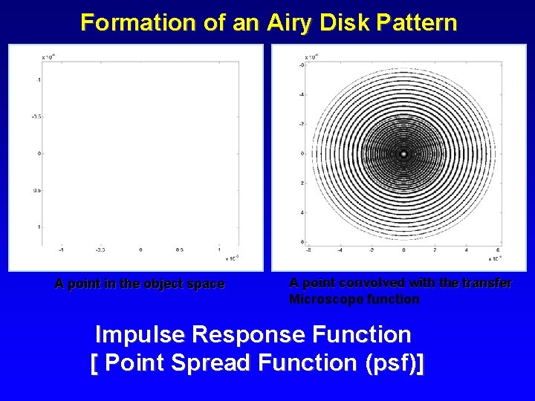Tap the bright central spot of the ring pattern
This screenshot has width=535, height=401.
pos(403,154)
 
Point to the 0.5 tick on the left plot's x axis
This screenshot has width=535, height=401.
pos(180,250)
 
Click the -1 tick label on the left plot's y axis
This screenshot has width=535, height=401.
pos(38,79)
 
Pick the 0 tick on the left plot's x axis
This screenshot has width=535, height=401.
pos(140,250)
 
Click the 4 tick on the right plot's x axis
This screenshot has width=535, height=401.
pos(467,250)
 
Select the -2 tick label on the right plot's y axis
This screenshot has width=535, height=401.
pos(302,124)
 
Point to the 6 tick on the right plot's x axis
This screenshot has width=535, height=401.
pos(498,250)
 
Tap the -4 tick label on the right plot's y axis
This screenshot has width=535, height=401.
pos(302,94)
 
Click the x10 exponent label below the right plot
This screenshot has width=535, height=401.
pos(494,259)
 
